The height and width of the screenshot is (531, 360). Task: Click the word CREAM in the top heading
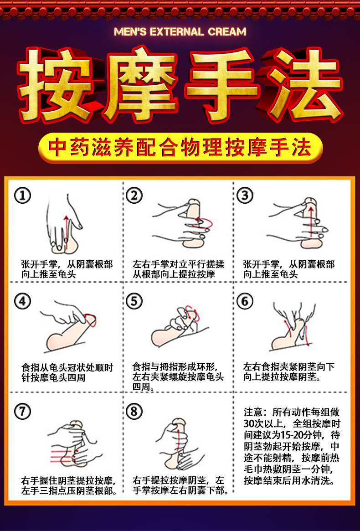click(227, 32)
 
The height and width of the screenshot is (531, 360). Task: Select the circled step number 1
click(23, 196)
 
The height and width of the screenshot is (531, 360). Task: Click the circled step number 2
click(134, 196)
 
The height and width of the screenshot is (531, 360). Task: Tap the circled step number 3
click(245, 196)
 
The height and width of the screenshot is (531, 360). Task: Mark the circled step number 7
click(23, 411)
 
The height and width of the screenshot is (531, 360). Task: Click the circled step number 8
click(134, 411)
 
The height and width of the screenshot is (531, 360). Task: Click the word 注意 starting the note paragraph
click(253, 412)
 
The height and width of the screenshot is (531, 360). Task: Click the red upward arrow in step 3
click(311, 223)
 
